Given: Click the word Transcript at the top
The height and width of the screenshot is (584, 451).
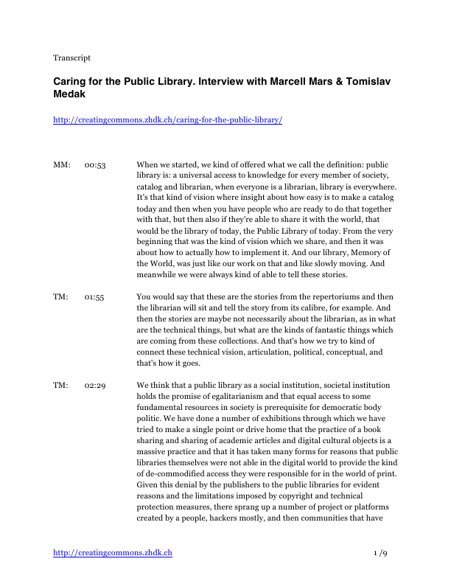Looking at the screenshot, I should [x=71, y=58].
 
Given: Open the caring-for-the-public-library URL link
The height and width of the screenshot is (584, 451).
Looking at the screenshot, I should [x=167, y=119].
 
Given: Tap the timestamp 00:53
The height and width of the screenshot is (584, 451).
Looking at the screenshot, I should [x=95, y=164].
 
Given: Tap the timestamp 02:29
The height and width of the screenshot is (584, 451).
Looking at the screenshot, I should [x=95, y=385].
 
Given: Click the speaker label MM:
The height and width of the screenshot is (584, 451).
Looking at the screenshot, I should [x=62, y=164].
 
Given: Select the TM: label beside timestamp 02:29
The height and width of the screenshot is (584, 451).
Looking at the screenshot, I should [x=61, y=385].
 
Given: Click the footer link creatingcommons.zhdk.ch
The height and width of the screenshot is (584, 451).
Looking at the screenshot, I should [x=112, y=552].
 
